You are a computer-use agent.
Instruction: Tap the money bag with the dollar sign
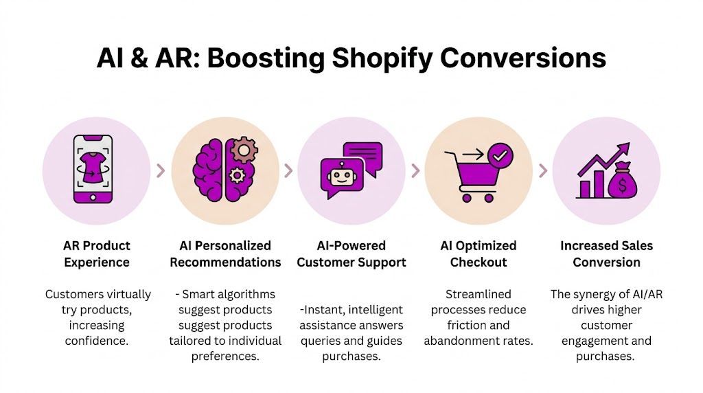pos(621,182)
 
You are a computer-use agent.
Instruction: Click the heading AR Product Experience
pos(97,254)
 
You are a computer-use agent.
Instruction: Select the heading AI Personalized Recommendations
pos(225,254)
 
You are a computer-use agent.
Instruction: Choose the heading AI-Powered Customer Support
pos(351,254)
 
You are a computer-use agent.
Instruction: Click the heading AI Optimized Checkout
pos(479,254)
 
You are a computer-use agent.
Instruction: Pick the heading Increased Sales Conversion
pos(606,254)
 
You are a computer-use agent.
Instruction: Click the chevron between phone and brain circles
pos(161,170)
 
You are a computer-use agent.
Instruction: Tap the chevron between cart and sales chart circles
pos(542,170)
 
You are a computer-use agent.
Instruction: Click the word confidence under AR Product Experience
pos(97,341)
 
